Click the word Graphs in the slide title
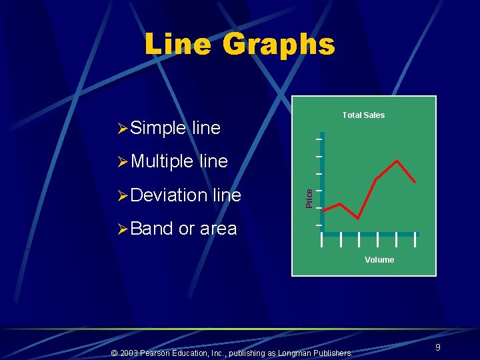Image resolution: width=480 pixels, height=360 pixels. point(279,44)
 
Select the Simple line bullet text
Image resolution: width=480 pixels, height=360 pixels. point(175,128)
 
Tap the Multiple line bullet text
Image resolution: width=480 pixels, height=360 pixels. point(179,161)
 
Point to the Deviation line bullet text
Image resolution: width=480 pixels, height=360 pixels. point(186,195)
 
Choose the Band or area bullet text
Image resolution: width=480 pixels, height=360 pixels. point(183,229)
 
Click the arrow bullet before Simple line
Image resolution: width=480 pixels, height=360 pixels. point(122,128)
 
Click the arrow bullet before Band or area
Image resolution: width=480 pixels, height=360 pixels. point(122,229)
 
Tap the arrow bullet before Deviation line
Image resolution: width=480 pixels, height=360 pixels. point(122,195)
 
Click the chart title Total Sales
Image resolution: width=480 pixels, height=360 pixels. point(363,115)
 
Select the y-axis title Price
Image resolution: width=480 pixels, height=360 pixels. point(309,198)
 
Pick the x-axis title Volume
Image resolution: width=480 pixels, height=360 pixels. point(379,260)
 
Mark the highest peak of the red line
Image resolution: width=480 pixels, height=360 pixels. point(398,161)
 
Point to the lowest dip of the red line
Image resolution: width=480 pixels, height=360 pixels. point(359,218)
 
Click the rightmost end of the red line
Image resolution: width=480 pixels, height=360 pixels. point(415,182)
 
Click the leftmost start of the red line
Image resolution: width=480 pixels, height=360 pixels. point(322,208)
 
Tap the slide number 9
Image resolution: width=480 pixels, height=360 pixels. point(437,347)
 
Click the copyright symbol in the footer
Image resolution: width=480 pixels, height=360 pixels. point(114,353)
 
